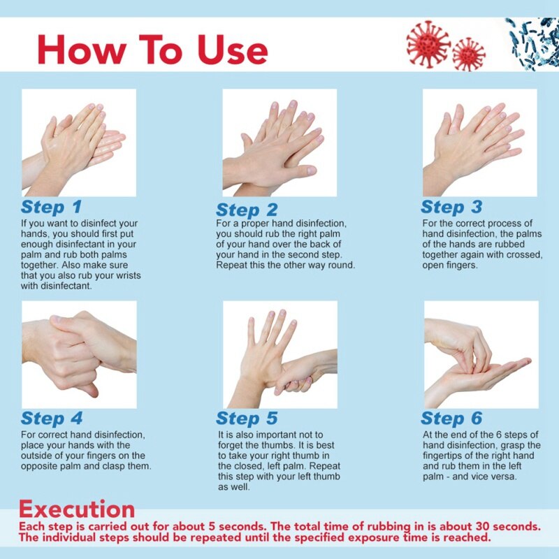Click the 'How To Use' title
tap(152, 50)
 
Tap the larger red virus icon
tap(428, 43)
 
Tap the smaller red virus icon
tap(468, 54)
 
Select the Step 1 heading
tap(51, 208)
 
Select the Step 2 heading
tap(247, 210)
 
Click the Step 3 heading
tap(451, 207)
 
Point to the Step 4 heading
tap(52, 419)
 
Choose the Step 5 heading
tap(247, 419)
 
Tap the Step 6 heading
tap(451, 419)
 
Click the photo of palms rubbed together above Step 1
tap(79, 143)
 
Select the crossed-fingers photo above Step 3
tap(480, 143)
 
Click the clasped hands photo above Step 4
tap(79, 354)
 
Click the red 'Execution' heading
tap(77, 508)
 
